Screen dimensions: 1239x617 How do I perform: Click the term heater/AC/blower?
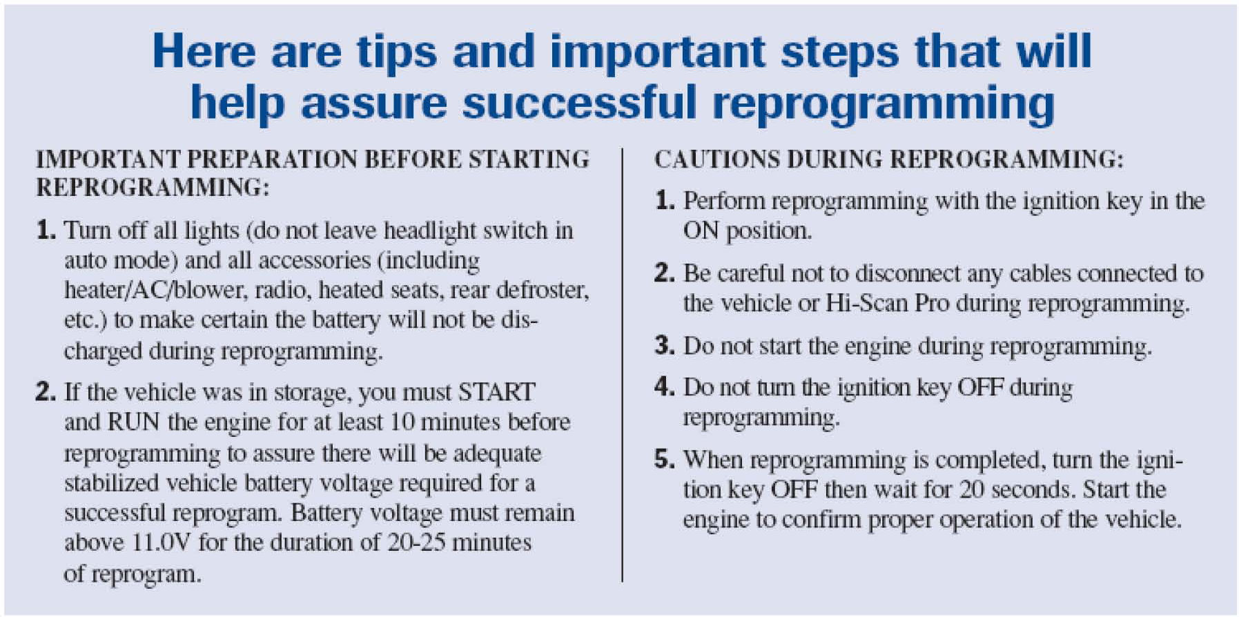click(x=155, y=290)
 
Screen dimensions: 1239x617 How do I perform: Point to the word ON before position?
click(x=701, y=231)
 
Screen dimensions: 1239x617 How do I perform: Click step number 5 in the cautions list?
click(x=664, y=459)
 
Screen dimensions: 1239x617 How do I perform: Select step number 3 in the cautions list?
click(x=664, y=345)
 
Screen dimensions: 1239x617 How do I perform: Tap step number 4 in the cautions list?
click(x=664, y=386)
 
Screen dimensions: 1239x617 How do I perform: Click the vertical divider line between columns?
click(x=622, y=364)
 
